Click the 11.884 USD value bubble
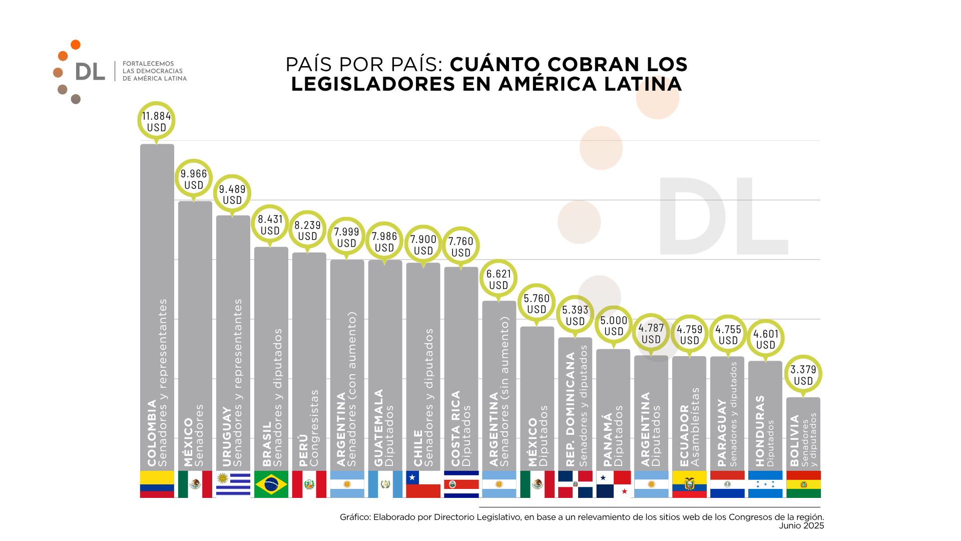[156, 121]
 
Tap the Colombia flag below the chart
[157, 484]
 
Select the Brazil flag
[271, 484]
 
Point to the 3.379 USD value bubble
[803, 375]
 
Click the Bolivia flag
[803, 484]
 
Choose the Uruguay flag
[233, 484]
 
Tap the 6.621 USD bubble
[499, 279]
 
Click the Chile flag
[423, 484]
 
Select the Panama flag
[613, 484]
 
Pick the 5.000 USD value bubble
[614, 326]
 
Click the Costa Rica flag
[461, 484]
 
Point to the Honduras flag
[765, 484]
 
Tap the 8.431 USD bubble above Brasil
[270, 225]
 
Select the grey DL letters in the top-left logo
[90, 72]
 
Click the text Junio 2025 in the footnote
[801, 525]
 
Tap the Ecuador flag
[689, 484]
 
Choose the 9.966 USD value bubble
[194, 179]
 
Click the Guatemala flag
[385, 484]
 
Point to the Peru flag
[309, 484]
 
